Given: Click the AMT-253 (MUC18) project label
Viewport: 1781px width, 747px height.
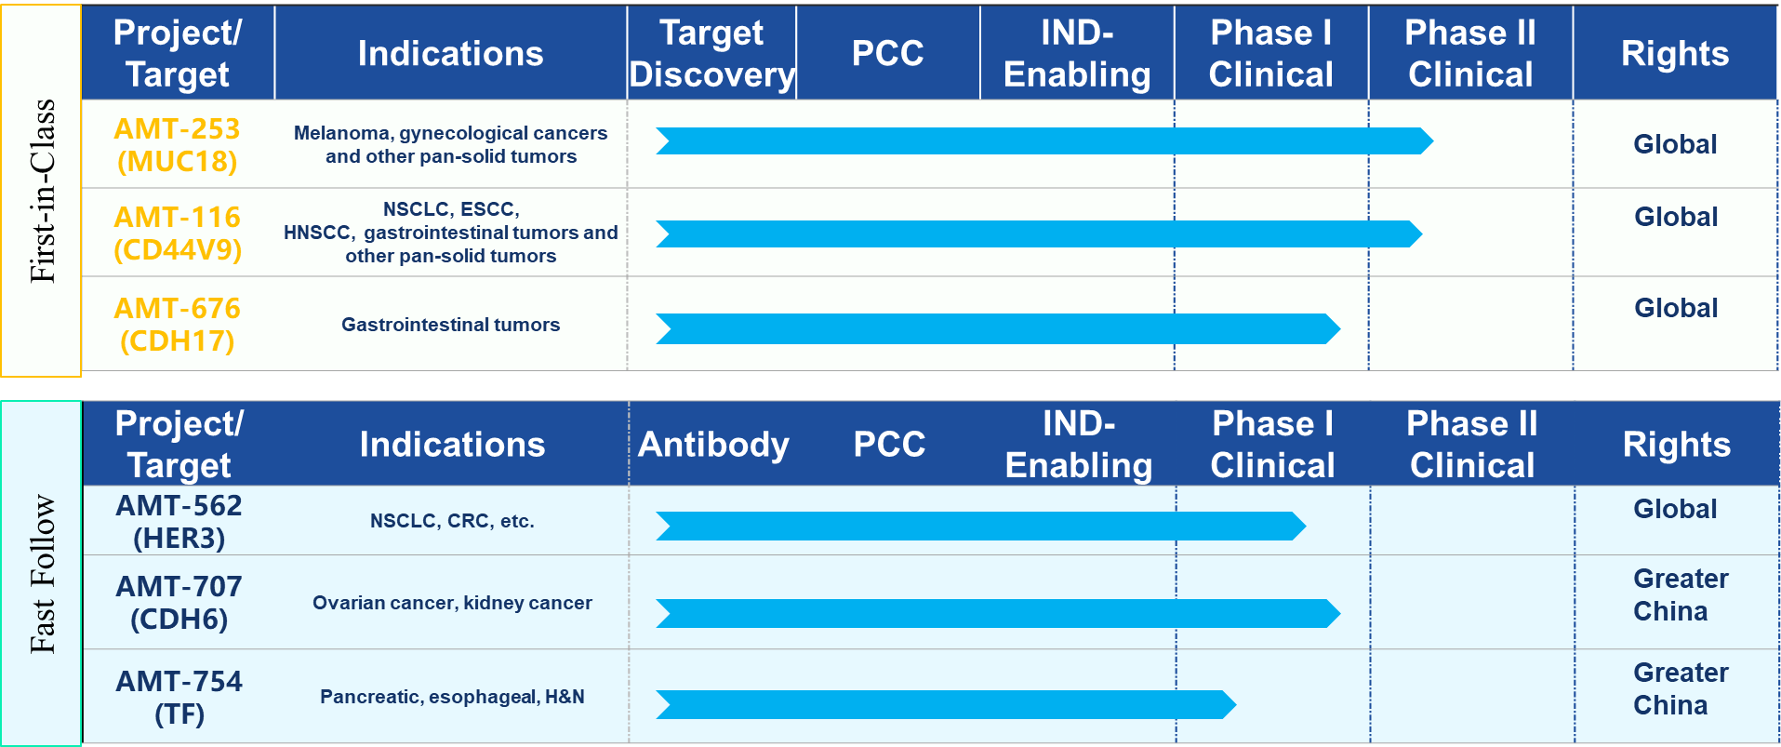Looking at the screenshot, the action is pos(177,145).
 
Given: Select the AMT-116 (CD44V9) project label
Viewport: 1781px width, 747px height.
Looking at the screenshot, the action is pos(178,233).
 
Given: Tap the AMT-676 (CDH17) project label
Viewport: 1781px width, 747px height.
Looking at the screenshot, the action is pos(178,325).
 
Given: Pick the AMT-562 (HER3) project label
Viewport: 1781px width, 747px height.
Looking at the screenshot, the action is pos(179,522).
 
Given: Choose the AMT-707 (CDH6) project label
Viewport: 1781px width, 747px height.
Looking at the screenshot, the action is pos(179,603).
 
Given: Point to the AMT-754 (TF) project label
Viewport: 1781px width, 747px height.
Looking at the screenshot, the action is pos(179,698).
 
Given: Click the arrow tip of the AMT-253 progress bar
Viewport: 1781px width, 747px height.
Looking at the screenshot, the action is pos(1433,141).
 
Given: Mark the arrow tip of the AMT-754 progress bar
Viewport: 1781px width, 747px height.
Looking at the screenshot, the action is pos(1236,704).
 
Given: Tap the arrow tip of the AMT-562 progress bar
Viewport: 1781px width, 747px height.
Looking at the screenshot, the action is pos(1306,526).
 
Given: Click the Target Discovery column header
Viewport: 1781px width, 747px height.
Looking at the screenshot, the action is pos(711,53).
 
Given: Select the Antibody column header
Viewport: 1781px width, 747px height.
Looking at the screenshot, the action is pos(713,445).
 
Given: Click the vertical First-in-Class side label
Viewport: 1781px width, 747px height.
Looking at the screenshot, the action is pos(43,191).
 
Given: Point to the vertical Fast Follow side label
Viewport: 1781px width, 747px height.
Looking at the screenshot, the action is pos(43,573).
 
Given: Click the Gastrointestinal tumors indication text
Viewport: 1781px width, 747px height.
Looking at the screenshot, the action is pos(450,325).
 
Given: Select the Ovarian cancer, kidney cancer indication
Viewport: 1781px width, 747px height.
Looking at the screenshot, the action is pos(452,603).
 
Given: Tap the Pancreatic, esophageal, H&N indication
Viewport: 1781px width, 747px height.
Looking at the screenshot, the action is pos(452,697).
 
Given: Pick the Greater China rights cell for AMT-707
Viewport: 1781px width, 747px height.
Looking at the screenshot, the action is pos(1681,595).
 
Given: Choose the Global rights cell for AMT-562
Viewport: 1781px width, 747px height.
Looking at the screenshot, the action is pos(1675,509).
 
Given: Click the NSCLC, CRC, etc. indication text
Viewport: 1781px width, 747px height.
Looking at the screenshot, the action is pos(452,521).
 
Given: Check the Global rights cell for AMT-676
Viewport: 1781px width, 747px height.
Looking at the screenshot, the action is pos(1676,308).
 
